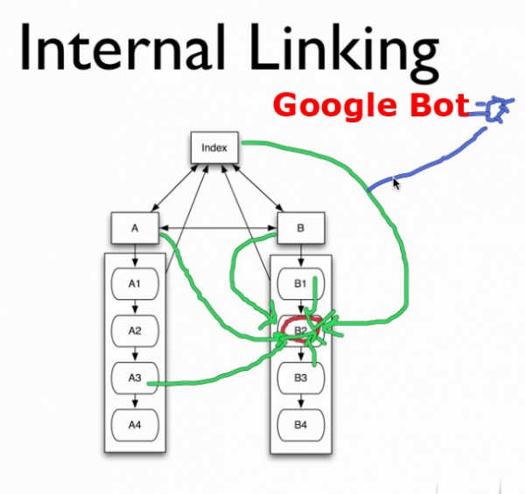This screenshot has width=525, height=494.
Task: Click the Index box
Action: pos(214,148)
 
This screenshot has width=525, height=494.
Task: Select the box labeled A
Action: pos(135,228)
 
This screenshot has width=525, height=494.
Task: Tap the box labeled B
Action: pos(301,228)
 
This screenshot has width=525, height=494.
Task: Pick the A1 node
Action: pos(134,283)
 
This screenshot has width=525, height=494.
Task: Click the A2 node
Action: pos(134,331)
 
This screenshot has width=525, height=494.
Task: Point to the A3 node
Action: pos(134,379)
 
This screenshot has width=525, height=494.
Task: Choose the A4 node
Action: pos(134,426)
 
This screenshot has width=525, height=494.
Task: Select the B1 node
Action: pos(300,283)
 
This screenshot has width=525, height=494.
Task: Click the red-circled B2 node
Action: pos(300,330)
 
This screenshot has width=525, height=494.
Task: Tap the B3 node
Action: pos(300,379)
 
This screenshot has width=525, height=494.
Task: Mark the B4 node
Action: pos(300,426)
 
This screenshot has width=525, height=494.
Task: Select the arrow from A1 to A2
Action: pos(134,307)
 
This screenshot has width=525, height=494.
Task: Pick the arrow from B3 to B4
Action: pos(300,402)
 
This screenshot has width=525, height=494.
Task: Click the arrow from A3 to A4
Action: pos(134,402)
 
